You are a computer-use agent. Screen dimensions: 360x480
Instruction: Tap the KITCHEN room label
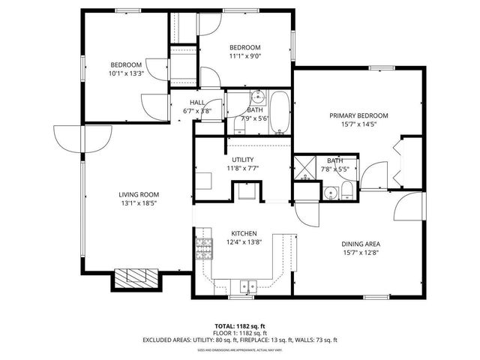click(x=244, y=233)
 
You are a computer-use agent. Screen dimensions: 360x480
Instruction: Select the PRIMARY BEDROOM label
click(x=359, y=115)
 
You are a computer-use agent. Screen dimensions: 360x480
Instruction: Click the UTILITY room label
click(x=242, y=160)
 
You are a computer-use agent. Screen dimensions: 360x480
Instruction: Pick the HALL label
click(x=197, y=103)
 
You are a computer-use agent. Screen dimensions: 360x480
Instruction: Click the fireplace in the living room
click(x=136, y=278)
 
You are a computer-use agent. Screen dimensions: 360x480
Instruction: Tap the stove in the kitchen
click(x=204, y=248)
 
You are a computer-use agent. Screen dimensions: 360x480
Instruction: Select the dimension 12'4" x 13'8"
click(x=244, y=242)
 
